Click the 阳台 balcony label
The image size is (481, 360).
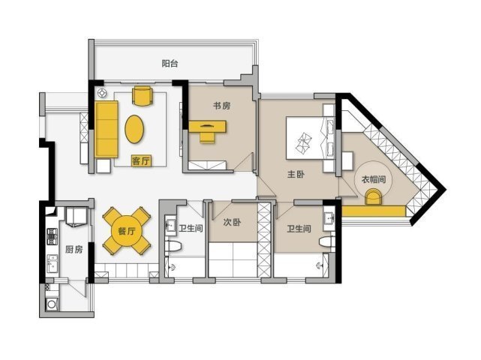pyautogui.click(x=170, y=64)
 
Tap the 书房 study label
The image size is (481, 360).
pyautogui.click(x=222, y=106)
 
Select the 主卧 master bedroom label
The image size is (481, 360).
pyautogui.click(x=296, y=175)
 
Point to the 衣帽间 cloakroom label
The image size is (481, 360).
pyautogui.click(x=374, y=179)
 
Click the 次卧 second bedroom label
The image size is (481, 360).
pyautogui.click(x=232, y=222)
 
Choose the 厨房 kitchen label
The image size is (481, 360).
pyautogui.click(x=74, y=249)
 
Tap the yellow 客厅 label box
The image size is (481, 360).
pyautogui.click(x=141, y=160)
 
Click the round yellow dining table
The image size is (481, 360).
pyautogui.click(x=126, y=231)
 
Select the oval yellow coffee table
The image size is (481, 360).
pyautogui.click(x=134, y=129)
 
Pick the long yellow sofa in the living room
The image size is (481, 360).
pyautogui.click(x=107, y=130)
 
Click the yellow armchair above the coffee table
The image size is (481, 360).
pyautogui.click(x=143, y=96)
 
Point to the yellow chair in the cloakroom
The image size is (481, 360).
pyautogui.click(x=374, y=196)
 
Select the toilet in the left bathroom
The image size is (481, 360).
pyautogui.click(x=173, y=245)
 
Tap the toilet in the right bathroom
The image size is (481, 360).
pyautogui.click(x=327, y=242)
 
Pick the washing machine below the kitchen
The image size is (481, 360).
pyautogui.click(x=52, y=304)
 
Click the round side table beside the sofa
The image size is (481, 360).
pyautogui.click(x=101, y=92)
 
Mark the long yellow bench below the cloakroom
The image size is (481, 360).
pyautogui.click(x=374, y=211)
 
